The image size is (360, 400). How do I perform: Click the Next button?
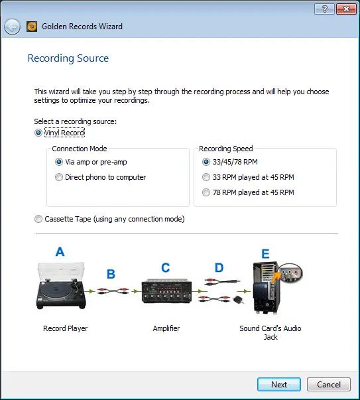coord(279,384)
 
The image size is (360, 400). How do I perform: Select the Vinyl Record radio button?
coord(38,133)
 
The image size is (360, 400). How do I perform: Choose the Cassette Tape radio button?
coord(38,219)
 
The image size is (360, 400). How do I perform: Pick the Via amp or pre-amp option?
coord(59,161)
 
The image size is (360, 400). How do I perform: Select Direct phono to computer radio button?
coord(59,177)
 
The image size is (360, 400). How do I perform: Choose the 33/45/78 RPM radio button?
coord(206,161)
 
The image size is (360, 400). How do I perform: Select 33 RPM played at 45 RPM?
coord(206,177)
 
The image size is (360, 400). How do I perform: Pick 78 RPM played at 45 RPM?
coord(206,192)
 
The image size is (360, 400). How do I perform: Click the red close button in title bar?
coord(345,9)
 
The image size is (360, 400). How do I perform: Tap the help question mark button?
coord(324,9)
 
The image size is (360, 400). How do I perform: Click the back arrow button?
coord(12,27)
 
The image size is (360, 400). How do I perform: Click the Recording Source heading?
coord(68,58)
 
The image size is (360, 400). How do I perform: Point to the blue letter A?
coord(60,252)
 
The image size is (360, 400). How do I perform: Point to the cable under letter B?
coord(111,290)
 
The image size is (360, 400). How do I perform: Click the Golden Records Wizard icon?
coord(32,27)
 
